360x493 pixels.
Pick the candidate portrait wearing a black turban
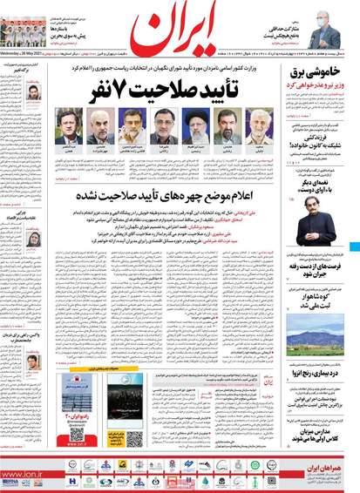(x=196, y=128)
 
